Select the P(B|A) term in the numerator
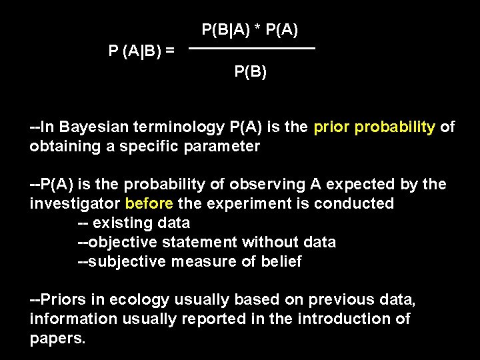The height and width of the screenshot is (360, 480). click(224, 29)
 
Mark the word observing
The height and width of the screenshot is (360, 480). click(270, 185)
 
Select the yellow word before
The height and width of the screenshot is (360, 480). click(149, 203)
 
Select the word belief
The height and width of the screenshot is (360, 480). click(283, 261)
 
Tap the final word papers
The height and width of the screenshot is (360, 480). click(57, 338)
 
